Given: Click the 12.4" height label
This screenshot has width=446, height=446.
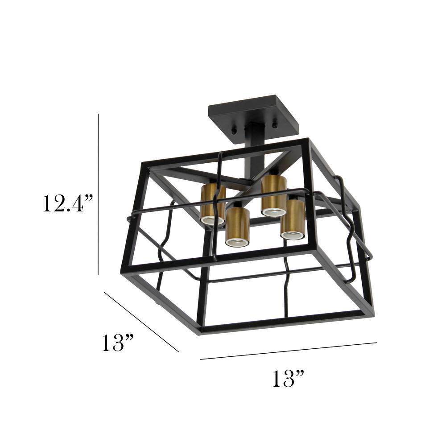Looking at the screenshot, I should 67,203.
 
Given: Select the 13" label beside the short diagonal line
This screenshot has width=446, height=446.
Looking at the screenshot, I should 117,343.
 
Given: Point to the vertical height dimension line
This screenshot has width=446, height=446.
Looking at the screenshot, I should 98,194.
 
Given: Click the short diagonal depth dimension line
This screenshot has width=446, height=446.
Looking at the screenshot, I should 141,322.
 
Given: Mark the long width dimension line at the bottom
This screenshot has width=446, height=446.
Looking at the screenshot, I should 288,351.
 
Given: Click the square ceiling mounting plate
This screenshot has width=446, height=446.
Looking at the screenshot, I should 253,111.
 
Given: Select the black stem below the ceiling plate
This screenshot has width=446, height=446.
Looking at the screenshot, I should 256,138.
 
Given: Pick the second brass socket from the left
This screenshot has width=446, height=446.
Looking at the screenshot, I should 237,227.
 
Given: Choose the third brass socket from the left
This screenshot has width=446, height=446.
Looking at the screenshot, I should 273,195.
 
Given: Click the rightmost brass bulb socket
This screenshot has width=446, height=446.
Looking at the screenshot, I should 293,219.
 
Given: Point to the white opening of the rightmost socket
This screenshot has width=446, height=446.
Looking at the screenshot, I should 292,235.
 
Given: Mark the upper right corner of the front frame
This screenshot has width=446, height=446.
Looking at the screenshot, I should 307,142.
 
